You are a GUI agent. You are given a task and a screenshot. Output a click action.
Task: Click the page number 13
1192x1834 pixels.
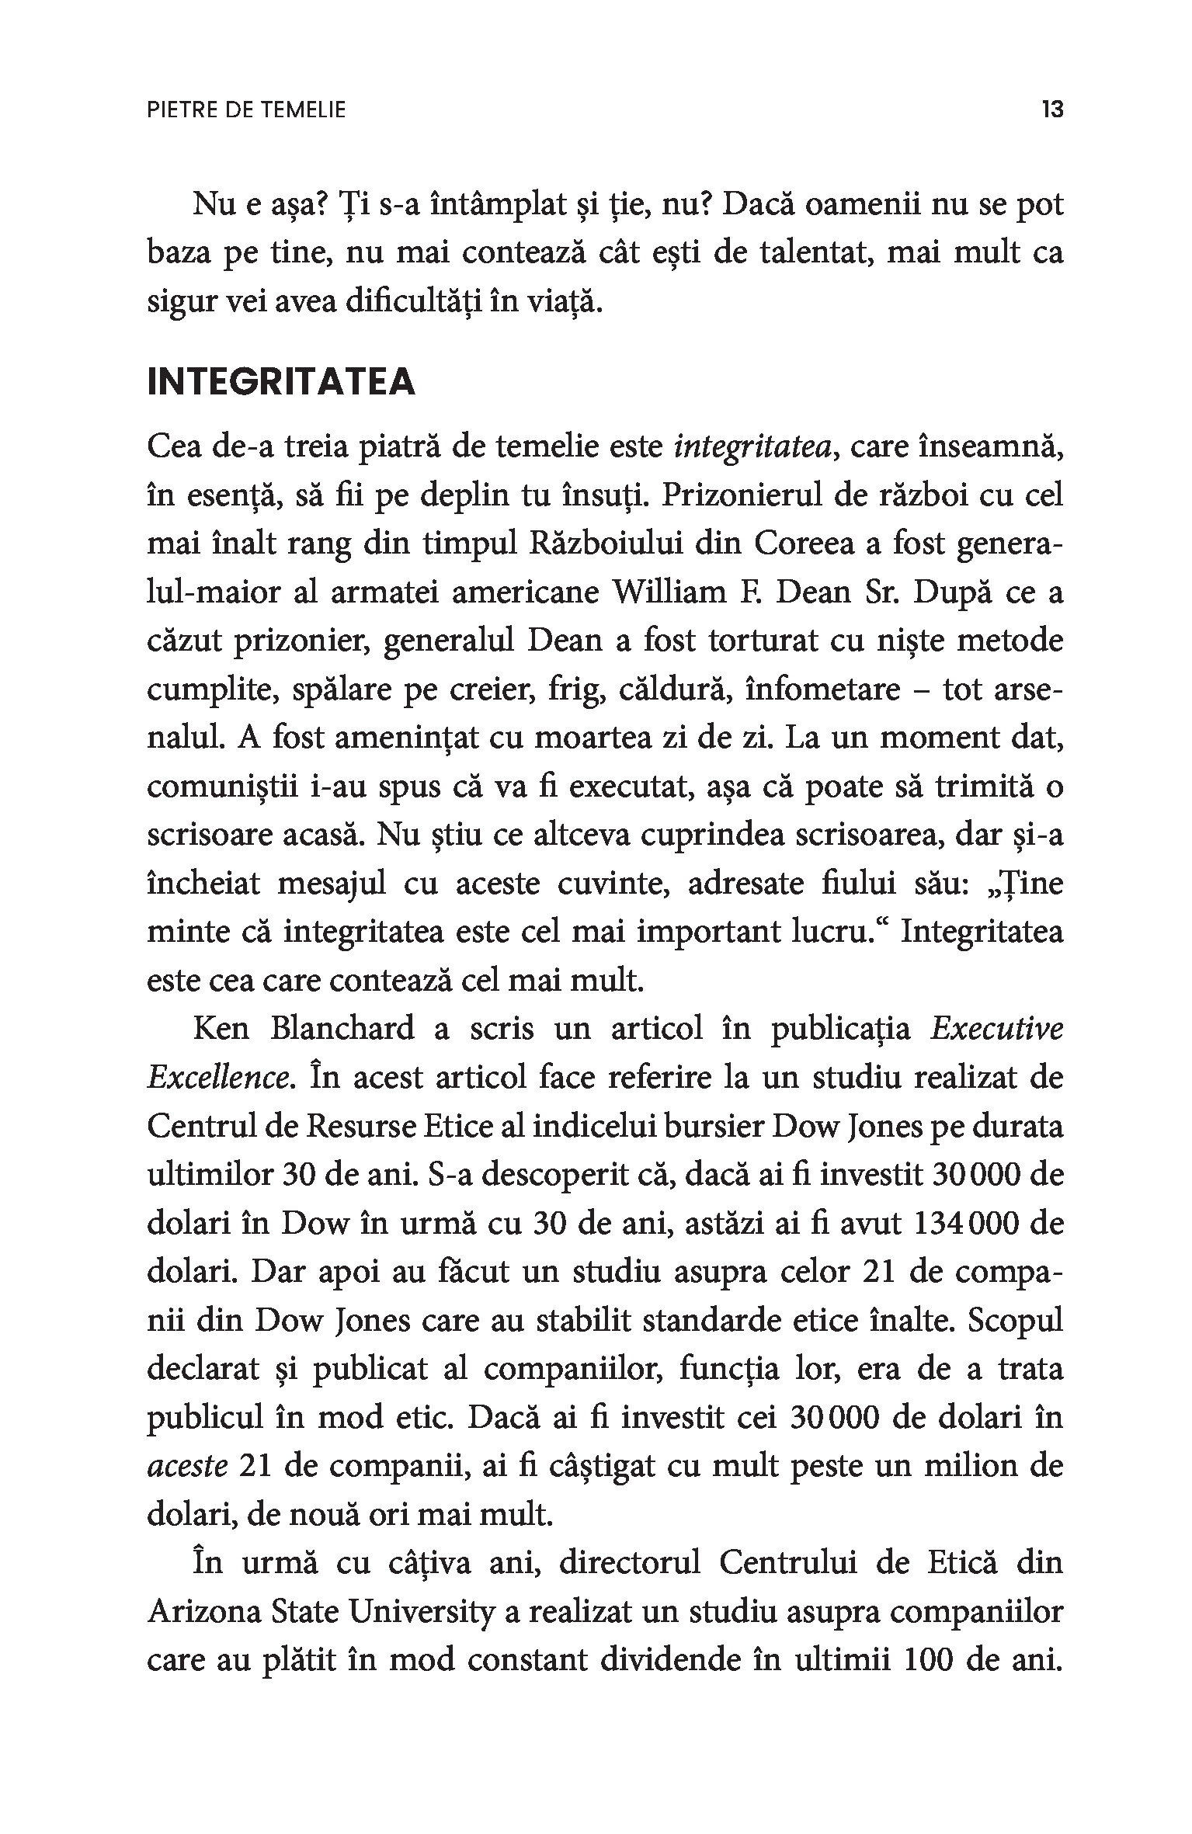coord(1052,109)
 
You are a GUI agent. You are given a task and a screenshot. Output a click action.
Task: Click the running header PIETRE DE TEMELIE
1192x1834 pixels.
coord(246,110)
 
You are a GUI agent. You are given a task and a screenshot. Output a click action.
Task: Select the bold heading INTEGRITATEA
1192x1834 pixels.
coord(281,384)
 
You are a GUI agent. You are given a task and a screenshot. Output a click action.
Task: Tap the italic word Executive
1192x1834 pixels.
coord(996,1029)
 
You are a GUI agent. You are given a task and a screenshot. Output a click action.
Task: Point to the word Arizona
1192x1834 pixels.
coord(202,1613)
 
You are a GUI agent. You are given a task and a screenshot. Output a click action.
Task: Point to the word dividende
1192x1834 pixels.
coord(700,1661)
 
